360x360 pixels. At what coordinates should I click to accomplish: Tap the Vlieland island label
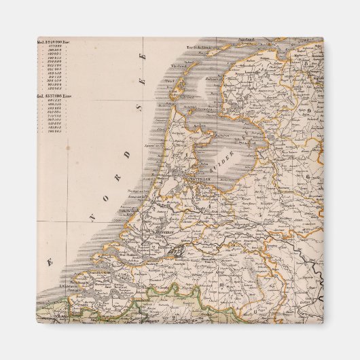click(179, 67)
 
